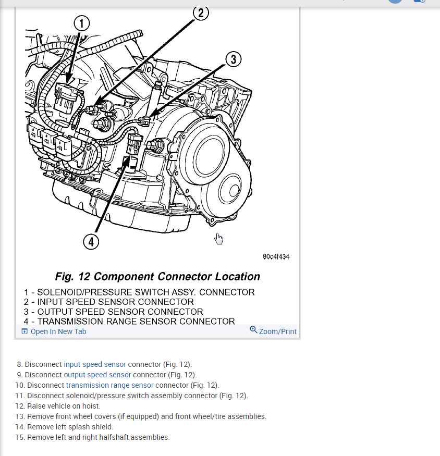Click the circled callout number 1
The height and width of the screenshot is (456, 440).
[x=82, y=23]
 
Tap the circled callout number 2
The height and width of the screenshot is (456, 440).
[x=201, y=13]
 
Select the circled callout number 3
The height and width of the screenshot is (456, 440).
[x=233, y=59]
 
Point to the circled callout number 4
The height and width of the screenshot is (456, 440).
[x=91, y=241]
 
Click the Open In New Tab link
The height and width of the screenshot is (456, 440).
[x=58, y=331]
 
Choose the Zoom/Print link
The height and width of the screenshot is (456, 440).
[x=277, y=331]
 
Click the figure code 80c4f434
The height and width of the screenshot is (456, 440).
[x=276, y=256]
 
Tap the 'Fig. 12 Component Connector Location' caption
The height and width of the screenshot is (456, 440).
[x=157, y=276]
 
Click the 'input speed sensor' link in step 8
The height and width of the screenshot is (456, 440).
[x=95, y=364]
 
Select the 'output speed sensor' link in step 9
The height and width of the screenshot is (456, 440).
[x=97, y=375]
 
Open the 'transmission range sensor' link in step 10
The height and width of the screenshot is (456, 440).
[x=109, y=385]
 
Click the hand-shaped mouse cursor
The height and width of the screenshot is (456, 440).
[x=219, y=239]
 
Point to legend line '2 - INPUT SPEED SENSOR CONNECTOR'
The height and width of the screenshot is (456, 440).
[x=108, y=302]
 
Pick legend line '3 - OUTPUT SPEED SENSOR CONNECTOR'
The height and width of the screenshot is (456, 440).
[x=113, y=312]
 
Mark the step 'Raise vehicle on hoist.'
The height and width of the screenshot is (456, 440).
[x=64, y=406]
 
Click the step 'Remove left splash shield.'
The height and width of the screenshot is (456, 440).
[x=70, y=427]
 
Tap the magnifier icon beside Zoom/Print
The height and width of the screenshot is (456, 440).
[x=253, y=330]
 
